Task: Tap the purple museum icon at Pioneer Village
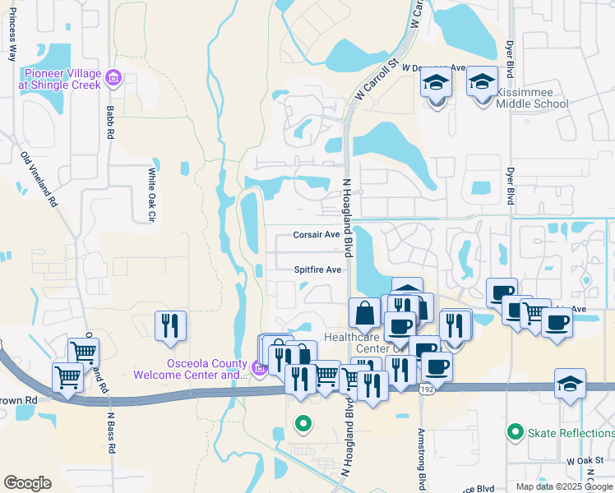[x=113, y=79]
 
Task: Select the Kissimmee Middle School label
[x=531, y=104]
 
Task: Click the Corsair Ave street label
[x=317, y=235]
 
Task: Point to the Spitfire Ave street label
[x=317, y=270]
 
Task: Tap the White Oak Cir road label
[x=151, y=196]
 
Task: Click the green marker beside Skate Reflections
[x=516, y=431]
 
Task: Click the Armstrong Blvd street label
[x=421, y=448]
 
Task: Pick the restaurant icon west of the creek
[x=170, y=326]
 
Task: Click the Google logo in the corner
[x=28, y=483]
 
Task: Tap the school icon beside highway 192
[x=570, y=384]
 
